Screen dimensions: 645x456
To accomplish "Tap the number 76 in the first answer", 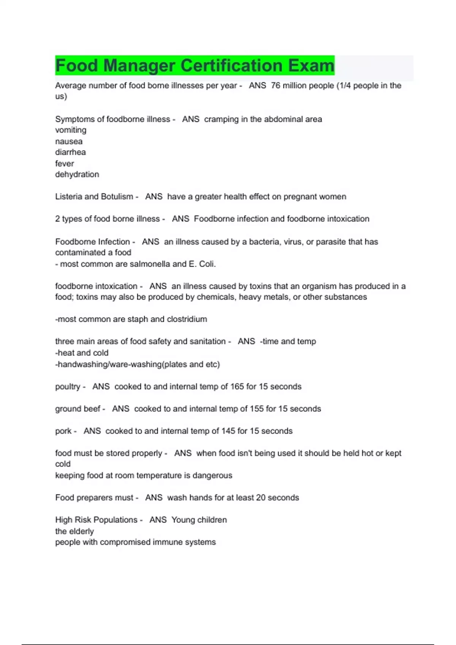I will [275, 86].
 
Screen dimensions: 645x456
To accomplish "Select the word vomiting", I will [71, 130].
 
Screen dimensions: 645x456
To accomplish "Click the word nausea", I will [69, 142].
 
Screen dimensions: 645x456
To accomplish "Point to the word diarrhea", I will [70, 153].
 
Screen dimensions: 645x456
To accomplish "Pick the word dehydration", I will [77, 175].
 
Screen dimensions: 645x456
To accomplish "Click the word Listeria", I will [68, 197].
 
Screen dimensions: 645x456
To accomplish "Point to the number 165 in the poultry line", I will [237, 387].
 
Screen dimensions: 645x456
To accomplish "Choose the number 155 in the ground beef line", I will [256, 409].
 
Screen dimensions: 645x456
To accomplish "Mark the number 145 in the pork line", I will [228, 431].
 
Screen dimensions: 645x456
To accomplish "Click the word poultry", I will [68, 387].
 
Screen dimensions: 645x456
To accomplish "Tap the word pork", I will [63, 431].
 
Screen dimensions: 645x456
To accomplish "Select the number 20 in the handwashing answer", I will [261, 498].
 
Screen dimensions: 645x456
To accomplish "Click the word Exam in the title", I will [311, 66].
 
